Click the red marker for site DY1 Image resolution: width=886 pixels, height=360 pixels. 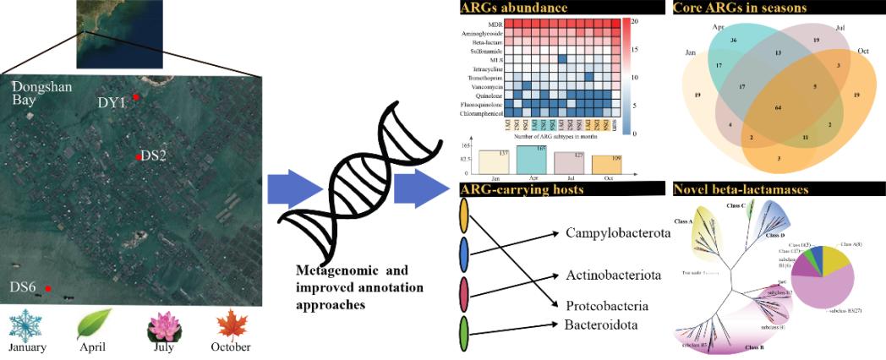tap(136, 97)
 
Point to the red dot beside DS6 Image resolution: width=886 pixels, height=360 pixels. tap(48, 289)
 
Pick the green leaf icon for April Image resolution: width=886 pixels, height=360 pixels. tap(94, 325)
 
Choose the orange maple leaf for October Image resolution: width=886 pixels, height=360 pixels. tap(229, 325)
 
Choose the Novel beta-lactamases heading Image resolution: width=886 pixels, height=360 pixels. tap(741, 190)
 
